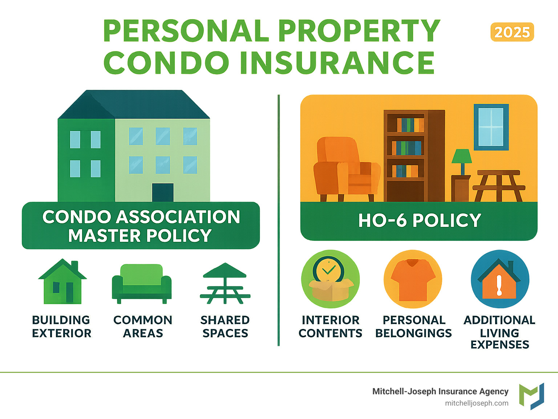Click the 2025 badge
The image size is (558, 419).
pyautogui.click(x=512, y=32)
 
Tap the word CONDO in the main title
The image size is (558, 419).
pyautogui.click(x=166, y=62)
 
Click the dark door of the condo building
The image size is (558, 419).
pyautogui.click(x=163, y=192)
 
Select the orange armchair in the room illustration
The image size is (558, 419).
pyautogui.click(x=347, y=169)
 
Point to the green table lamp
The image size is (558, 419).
pyautogui.click(x=462, y=162)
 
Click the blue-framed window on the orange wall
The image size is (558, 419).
pyautogui.click(x=491, y=127)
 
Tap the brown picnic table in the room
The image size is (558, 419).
pyautogui.click(x=499, y=186)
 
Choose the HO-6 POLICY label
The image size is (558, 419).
pyautogui.click(x=420, y=220)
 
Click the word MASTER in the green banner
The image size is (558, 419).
pyautogui.click(x=105, y=236)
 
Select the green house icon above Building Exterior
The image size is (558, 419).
pyautogui.click(x=62, y=281)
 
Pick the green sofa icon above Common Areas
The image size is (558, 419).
pyautogui.click(x=142, y=284)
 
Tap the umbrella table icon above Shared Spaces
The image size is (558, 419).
pyautogui.click(x=225, y=283)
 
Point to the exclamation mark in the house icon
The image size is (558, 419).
pyautogui.click(x=499, y=285)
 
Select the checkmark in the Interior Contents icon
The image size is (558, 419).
pyautogui.click(x=328, y=269)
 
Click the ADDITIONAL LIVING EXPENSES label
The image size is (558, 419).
pyautogui.click(x=500, y=332)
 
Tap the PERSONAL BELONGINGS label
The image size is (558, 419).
pyautogui.click(x=414, y=326)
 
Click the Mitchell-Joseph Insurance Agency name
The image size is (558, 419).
pyautogui.click(x=440, y=391)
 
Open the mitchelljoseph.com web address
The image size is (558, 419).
pyautogui.click(x=477, y=403)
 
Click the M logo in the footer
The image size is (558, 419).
pyautogui.click(x=531, y=396)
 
